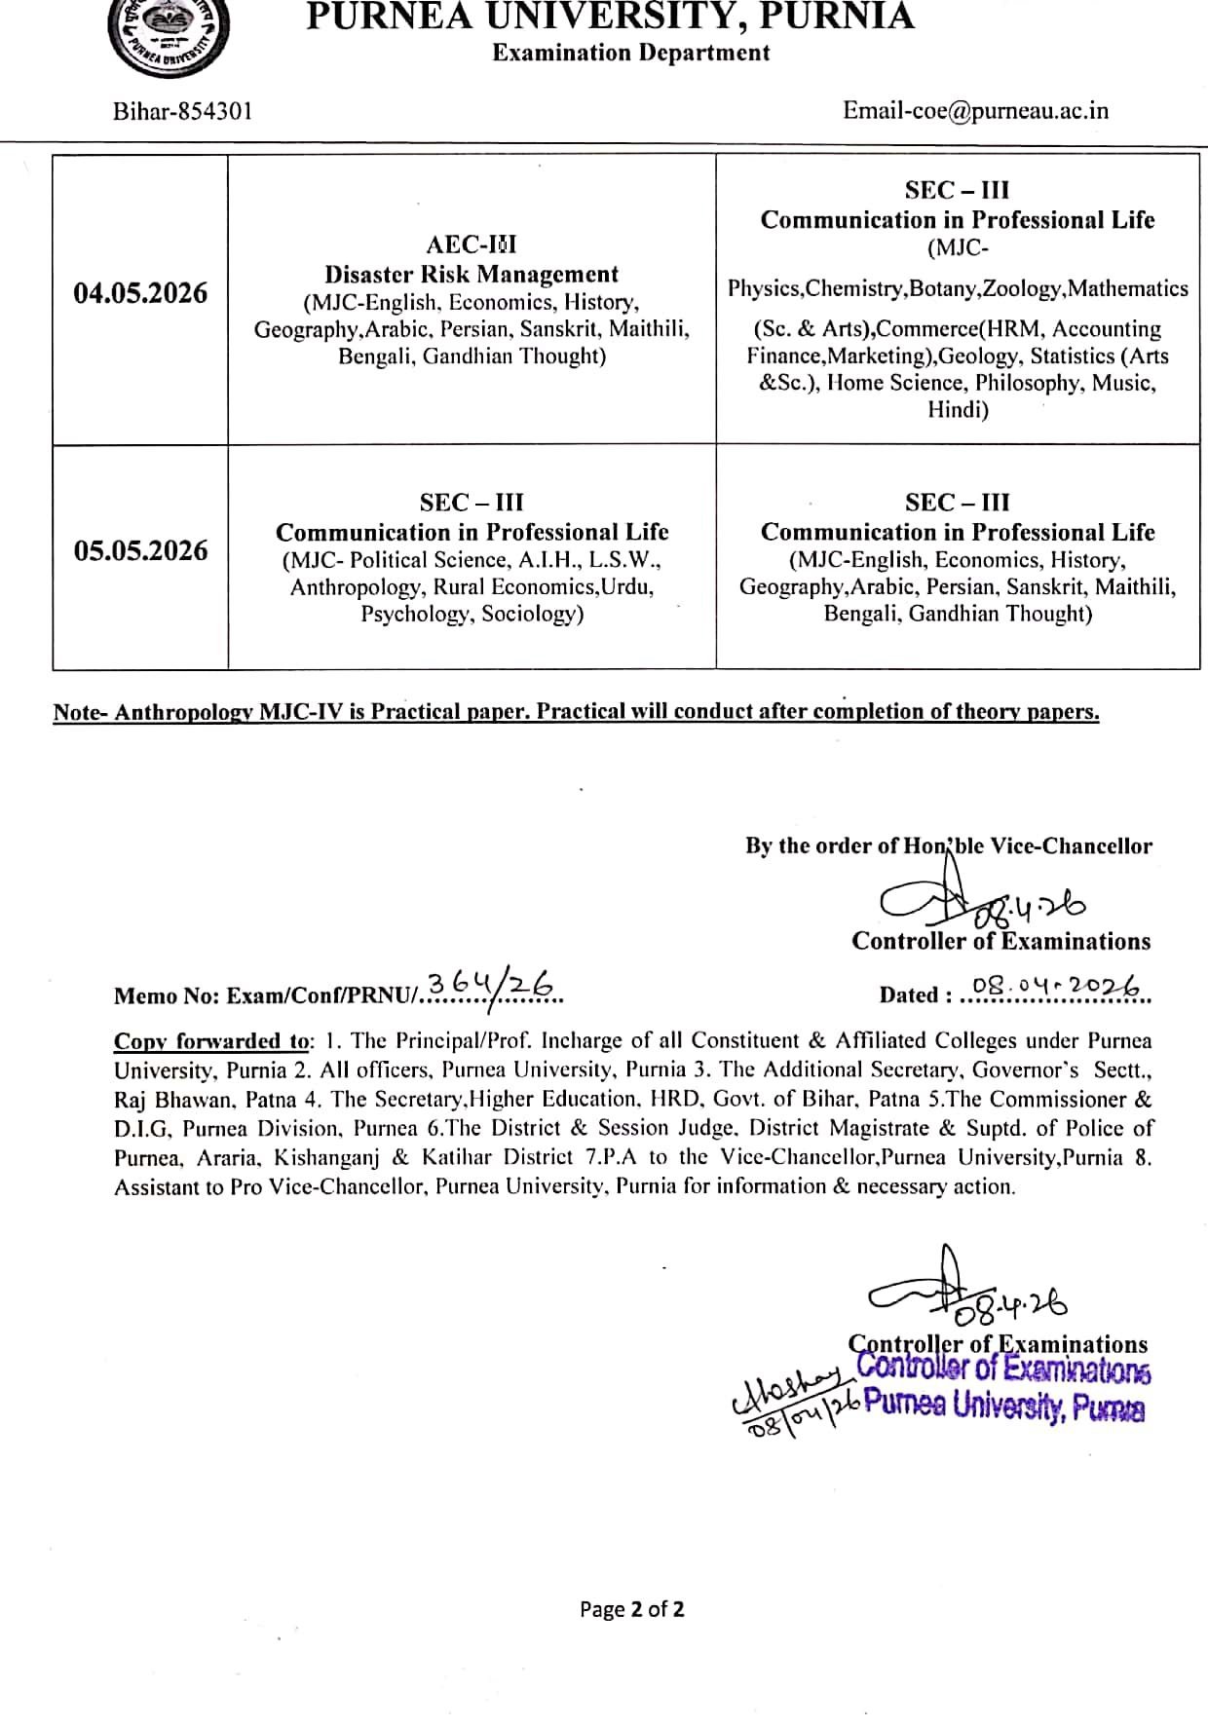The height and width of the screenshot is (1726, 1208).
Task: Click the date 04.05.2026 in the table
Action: coord(141,293)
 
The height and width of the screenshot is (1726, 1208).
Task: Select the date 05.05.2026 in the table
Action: coord(141,550)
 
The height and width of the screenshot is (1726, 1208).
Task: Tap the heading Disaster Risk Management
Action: coord(472,275)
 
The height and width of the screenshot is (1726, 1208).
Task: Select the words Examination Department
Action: coord(631,53)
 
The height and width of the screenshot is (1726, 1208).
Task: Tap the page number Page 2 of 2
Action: coord(631,1609)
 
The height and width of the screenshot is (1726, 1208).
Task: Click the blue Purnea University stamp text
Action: coord(1003,1407)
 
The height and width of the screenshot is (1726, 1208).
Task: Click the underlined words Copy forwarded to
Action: coord(210,1040)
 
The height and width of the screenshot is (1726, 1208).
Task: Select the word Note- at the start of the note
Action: coord(82,712)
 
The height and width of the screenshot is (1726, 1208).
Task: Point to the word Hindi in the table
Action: coord(958,410)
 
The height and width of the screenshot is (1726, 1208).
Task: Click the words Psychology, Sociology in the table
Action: coord(472,614)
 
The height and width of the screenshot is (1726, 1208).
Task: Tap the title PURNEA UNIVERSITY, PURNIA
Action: coord(611,17)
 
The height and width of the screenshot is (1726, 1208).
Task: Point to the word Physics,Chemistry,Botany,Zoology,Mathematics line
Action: coord(958,288)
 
